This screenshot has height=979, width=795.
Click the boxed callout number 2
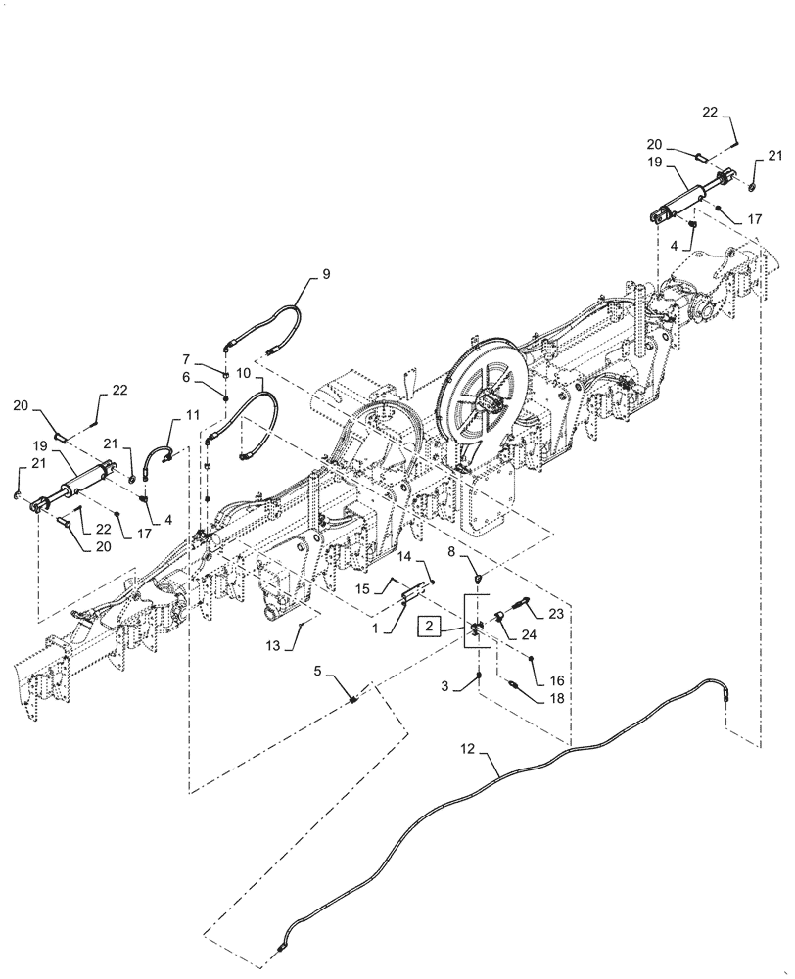tap(428, 625)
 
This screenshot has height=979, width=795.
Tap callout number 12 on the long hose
tap(467, 750)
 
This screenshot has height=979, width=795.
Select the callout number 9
tap(326, 275)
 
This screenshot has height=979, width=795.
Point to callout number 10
tap(242, 375)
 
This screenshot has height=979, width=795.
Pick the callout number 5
tap(317, 670)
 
